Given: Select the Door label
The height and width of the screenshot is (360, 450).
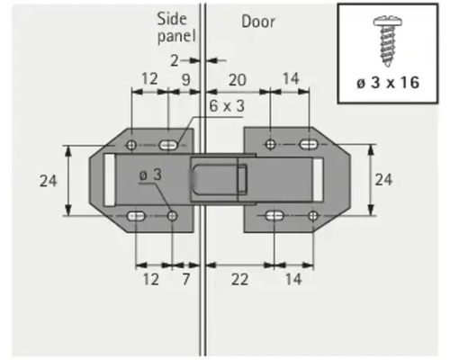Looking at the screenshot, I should (258, 21).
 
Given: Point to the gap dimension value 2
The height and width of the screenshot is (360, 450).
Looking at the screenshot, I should (175, 60).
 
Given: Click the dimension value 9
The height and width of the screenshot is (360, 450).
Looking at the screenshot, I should (184, 78).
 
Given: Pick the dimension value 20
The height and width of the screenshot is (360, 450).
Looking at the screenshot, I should (237, 78).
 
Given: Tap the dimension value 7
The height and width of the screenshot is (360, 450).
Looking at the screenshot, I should (185, 279).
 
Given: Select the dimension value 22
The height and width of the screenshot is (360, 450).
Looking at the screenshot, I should (238, 279).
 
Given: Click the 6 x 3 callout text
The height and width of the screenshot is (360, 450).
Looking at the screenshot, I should (227, 105).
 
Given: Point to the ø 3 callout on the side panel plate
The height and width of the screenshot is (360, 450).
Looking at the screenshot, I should (150, 175).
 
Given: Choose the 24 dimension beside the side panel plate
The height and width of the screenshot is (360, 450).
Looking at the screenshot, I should (49, 181).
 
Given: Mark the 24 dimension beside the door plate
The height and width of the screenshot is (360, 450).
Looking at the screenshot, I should (383, 180).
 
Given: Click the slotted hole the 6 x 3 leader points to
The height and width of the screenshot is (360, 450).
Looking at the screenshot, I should (169, 145).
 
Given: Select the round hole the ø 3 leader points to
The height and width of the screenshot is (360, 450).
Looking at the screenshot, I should (172, 215).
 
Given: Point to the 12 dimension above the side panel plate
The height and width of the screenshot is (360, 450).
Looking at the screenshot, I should (149, 78).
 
